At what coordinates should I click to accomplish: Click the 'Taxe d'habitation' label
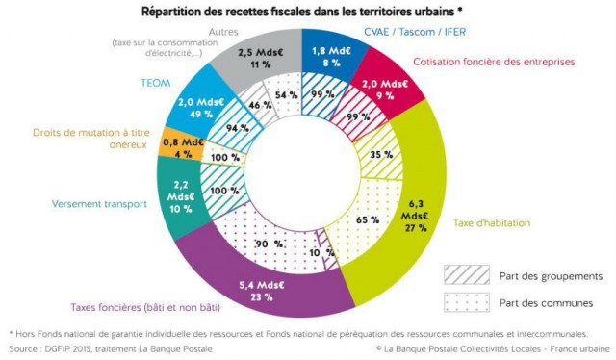[x=492, y=222]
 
